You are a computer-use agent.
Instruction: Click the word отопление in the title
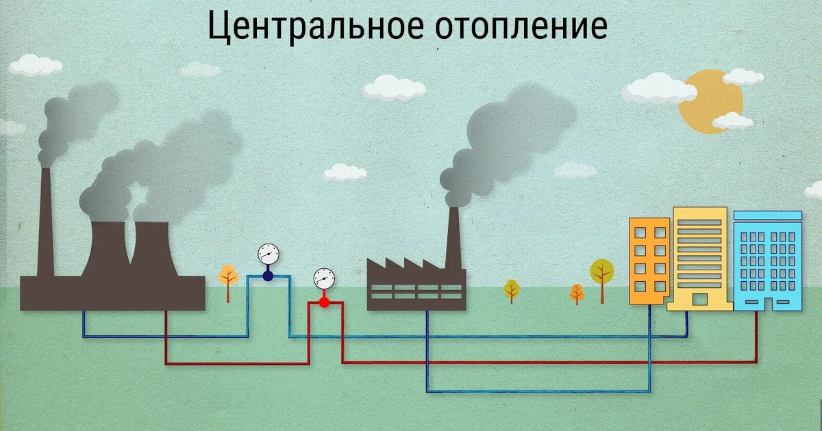click(x=521, y=27)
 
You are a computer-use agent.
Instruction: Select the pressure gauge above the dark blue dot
click(x=269, y=254)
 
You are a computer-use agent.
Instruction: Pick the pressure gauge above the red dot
click(x=324, y=278)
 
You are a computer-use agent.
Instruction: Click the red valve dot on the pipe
click(x=324, y=302)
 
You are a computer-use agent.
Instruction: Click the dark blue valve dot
click(x=268, y=276)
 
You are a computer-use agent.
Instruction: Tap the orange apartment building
click(x=649, y=260)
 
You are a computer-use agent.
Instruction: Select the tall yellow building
click(x=699, y=257)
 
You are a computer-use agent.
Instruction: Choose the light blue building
click(x=767, y=263)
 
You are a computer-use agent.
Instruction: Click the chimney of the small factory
click(x=453, y=236)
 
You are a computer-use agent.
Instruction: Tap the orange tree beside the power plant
click(x=228, y=276)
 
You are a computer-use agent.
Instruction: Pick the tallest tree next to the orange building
click(x=602, y=274)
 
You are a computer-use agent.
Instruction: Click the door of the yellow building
click(x=699, y=299)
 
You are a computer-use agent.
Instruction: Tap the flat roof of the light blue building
click(x=767, y=215)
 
